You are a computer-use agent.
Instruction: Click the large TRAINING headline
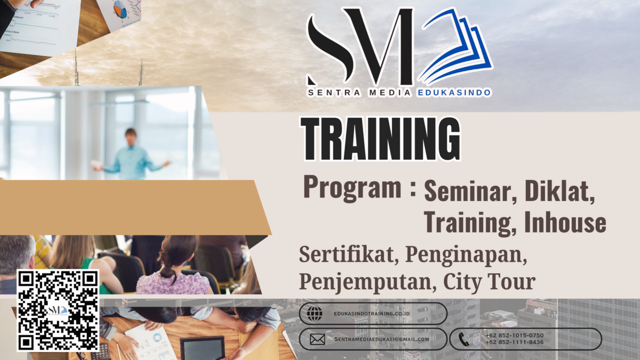[x=380, y=138]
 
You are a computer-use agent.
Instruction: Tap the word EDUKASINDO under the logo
[x=454, y=93]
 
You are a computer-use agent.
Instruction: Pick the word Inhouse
[x=565, y=222]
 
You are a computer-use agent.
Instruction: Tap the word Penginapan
[x=466, y=256]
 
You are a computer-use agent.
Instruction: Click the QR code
[x=58, y=310]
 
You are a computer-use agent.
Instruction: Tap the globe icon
[x=315, y=313]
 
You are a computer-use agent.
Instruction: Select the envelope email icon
[x=318, y=339]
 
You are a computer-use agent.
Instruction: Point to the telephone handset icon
[x=463, y=339]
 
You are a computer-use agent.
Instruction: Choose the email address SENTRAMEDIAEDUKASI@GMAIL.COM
[x=382, y=339]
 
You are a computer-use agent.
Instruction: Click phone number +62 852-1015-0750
[x=514, y=335]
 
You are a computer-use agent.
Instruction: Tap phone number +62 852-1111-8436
[x=514, y=342]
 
